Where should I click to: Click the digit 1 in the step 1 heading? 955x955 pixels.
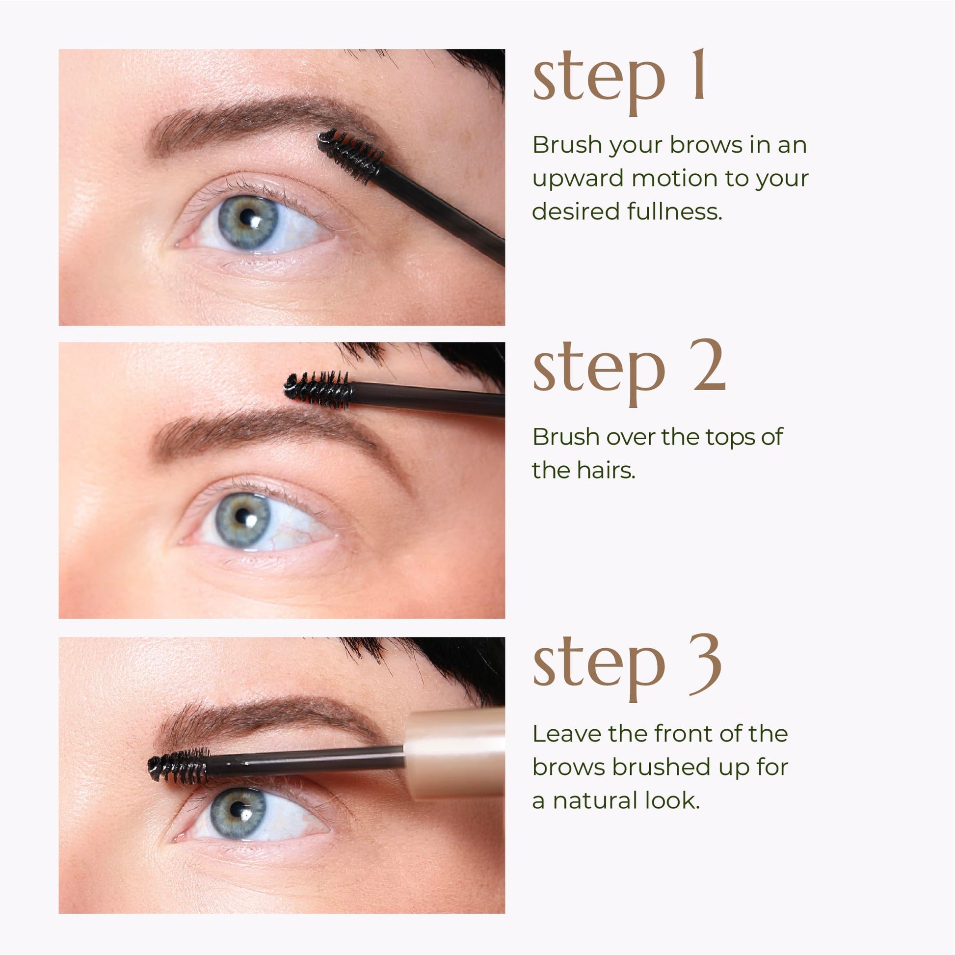click(x=698, y=75)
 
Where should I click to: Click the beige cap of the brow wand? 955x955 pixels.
click(x=455, y=753)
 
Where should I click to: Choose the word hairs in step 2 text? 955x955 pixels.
click(x=606, y=470)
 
